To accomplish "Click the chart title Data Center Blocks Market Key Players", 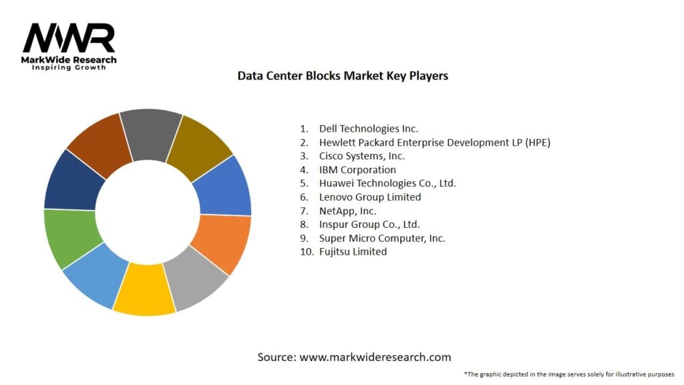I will click(x=343, y=76).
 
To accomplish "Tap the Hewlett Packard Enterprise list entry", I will click(x=434, y=142).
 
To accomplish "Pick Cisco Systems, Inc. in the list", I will click(x=361, y=156).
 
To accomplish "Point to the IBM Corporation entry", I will click(x=357, y=170).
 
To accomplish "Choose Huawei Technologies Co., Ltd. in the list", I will click(x=387, y=183).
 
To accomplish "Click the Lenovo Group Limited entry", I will click(x=369, y=197).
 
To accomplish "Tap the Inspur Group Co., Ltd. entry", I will click(x=369, y=225).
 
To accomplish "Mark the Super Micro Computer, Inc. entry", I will click(x=382, y=238).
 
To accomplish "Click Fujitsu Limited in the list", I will click(x=353, y=252).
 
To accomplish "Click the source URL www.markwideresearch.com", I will click(x=375, y=357).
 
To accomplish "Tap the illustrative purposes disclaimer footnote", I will click(x=568, y=374).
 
